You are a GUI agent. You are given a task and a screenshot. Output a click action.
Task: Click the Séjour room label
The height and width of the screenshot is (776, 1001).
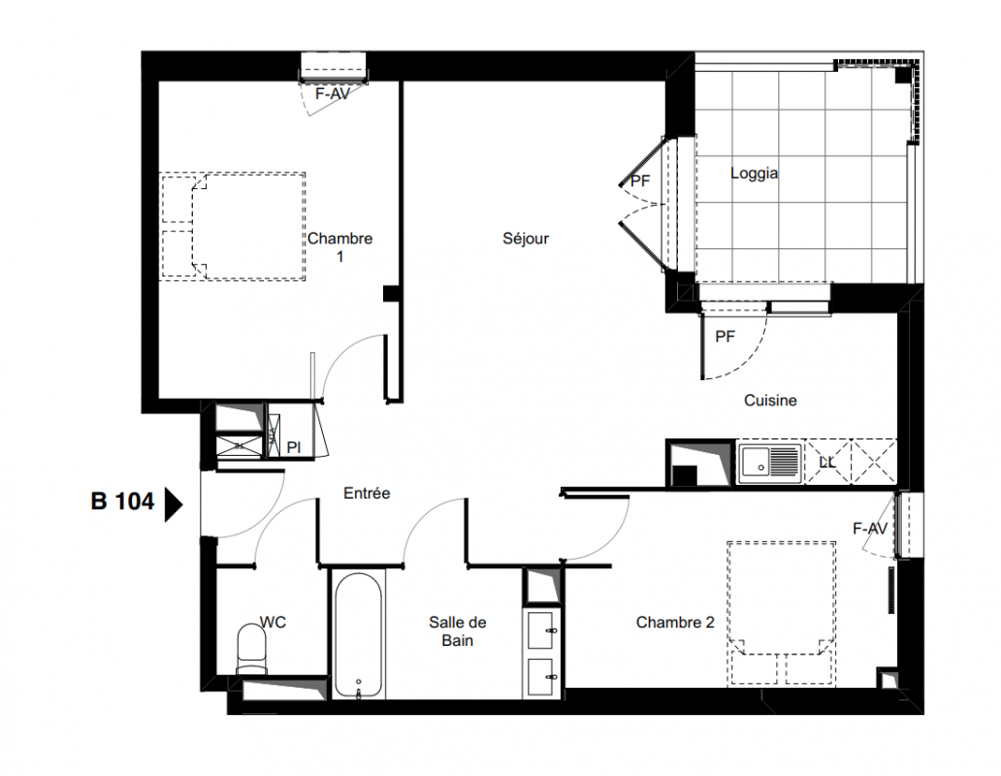526,239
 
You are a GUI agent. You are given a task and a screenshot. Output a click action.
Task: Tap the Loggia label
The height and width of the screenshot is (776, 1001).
754,173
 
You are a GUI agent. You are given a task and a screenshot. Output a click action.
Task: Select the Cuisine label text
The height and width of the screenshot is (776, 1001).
770,400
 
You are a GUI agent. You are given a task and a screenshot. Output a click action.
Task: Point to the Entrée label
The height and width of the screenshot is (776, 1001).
367,493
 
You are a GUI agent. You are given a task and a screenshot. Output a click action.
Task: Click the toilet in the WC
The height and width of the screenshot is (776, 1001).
251,648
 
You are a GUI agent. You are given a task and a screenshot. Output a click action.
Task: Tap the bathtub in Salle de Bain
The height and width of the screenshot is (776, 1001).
358,635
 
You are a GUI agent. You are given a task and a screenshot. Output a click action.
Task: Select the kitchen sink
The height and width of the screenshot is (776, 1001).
769,463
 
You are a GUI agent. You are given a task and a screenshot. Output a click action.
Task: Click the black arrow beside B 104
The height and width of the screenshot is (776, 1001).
174,504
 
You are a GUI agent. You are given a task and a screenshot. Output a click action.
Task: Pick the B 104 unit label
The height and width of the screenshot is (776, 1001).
122,501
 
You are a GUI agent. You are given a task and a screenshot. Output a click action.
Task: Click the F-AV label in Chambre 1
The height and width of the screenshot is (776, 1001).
333,94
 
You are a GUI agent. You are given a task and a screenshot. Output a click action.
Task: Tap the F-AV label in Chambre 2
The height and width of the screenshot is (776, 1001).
870,529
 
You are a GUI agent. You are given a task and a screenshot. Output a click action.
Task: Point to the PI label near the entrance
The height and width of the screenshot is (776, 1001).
294,447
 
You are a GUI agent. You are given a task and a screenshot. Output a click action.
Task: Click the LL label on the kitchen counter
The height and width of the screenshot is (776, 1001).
826,462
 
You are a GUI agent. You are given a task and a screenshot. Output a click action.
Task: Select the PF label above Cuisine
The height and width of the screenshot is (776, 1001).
725,337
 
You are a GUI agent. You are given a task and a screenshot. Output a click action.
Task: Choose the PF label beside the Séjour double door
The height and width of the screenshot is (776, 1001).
640,181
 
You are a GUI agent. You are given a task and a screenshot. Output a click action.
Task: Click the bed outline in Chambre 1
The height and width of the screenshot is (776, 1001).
233,226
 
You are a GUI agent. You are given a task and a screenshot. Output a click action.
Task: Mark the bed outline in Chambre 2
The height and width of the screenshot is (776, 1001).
782,614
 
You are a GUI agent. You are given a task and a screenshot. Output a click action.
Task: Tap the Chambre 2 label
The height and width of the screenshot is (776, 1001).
675,622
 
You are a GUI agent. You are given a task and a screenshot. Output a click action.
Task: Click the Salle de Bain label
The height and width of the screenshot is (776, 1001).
457,631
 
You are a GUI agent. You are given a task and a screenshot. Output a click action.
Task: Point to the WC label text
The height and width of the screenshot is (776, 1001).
273,622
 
